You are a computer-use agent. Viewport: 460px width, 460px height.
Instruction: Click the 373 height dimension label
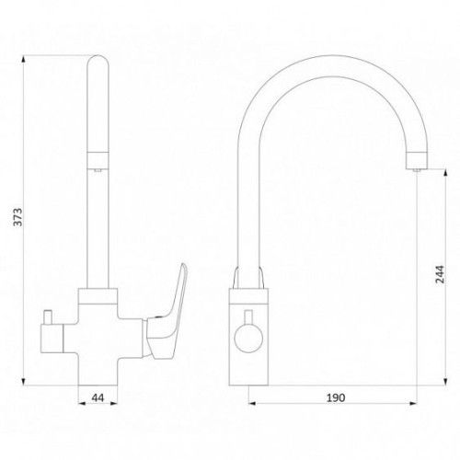pyautogui.click(x=18, y=217)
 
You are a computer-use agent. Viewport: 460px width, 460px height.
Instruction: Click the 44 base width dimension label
pyautogui.click(x=98, y=397)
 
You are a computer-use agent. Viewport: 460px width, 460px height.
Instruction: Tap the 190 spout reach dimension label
pyautogui.click(x=336, y=397)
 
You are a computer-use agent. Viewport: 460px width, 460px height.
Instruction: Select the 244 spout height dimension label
pyautogui.click(x=440, y=274)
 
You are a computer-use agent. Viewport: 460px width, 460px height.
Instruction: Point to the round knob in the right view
pyautogui.click(x=248, y=339)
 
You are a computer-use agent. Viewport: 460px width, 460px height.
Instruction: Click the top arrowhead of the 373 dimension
pyautogui.click(x=23, y=59)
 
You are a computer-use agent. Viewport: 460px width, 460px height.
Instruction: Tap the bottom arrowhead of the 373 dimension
pyautogui.click(x=23, y=381)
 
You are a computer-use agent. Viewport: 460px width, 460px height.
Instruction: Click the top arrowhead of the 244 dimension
pyautogui.click(x=445, y=174)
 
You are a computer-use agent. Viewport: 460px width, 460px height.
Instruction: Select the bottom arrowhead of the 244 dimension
pyautogui.click(x=445, y=381)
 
